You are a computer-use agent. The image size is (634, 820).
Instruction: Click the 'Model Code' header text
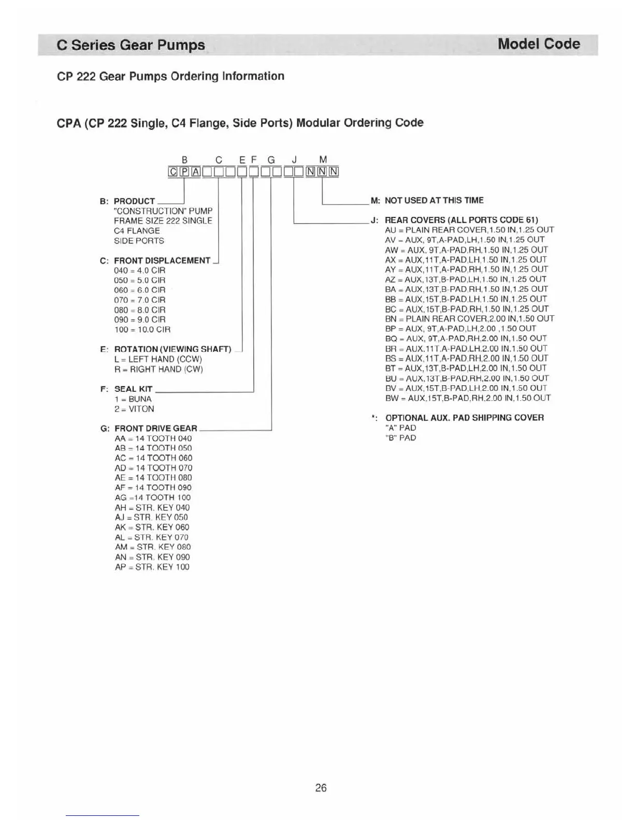coord(538,44)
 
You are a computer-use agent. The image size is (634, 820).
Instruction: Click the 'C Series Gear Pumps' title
coord(131,45)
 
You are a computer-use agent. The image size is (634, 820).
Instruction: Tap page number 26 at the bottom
coord(321,787)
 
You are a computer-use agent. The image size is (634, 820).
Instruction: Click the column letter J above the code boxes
coord(294,160)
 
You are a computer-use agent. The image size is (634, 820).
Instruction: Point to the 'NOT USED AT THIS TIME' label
coord(434,200)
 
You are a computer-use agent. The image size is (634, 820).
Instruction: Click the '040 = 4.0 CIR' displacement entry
coord(139,270)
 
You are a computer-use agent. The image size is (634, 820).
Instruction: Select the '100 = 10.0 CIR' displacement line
coord(142,329)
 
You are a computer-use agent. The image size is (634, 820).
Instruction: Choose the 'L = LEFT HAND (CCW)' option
coord(158,359)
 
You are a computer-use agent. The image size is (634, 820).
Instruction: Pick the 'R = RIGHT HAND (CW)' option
coord(159,369)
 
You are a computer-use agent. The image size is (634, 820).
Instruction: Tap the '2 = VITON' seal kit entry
coord(134,409)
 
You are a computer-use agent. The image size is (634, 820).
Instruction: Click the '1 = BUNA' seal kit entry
coord(133,399)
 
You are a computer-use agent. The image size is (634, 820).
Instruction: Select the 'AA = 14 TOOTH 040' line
coord(153,438)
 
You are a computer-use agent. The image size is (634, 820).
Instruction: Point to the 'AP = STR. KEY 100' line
coord(152,567)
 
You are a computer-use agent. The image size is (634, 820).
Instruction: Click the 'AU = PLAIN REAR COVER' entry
coord(469,230)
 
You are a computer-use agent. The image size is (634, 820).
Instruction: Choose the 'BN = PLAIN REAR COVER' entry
coord(469,318)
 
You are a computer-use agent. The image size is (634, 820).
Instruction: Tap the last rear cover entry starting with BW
coord(468,398)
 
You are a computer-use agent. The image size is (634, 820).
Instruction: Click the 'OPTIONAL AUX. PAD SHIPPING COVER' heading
coord(464,418)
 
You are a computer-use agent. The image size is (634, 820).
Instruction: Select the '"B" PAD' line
coord(400,437)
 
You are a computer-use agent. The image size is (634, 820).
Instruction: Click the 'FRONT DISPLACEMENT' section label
coord(162,260)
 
